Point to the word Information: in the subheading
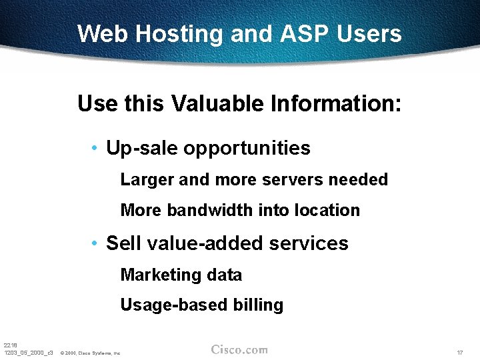334,104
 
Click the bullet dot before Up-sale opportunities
97,148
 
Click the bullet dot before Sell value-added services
97,243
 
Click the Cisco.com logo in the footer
239,349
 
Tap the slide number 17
459,352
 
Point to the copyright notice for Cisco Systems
90,353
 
